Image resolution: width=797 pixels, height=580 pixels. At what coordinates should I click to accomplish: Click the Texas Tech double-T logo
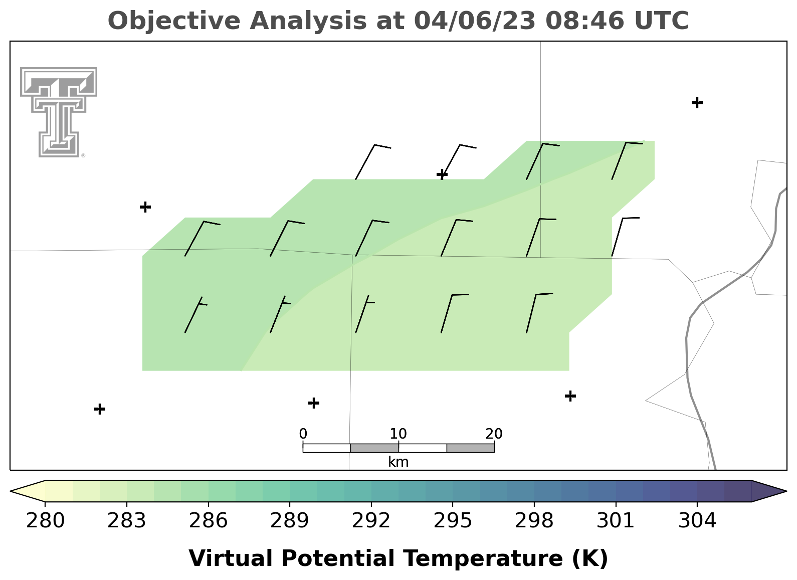(59, 112)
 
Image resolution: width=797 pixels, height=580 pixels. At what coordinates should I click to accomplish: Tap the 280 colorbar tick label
(45, 521)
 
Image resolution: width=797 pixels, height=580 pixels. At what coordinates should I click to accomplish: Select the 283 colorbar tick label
(127, 521)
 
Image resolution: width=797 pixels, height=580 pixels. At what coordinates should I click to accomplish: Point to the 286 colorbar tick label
(208, 521)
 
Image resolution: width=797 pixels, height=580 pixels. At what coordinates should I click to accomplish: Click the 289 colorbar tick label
(290, 521)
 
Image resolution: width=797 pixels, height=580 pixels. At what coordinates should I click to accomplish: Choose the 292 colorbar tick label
(371, 521)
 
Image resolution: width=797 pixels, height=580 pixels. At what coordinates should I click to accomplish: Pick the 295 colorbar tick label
(453, 521)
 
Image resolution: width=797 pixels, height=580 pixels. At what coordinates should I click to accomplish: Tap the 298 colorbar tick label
(534, 521)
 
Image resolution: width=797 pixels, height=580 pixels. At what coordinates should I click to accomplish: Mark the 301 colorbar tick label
(616, 521)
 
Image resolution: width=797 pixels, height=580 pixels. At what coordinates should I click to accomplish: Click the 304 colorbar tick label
(697, 521)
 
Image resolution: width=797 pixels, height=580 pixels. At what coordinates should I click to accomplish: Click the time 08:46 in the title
(585, 21)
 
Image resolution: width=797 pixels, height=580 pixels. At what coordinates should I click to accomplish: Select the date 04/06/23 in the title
(475, 21)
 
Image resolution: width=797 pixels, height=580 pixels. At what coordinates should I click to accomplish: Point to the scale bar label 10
(398, 434)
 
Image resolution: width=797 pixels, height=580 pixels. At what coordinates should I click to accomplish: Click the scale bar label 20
(494, 434)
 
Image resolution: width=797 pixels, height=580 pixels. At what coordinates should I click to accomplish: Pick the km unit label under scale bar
(398, 462)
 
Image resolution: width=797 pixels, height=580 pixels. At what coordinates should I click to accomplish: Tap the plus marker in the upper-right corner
(697, 103)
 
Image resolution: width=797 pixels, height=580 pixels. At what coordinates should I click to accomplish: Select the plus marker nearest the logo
(145, 207)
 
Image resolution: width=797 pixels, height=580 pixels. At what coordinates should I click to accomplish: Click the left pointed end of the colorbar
(11, 491)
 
